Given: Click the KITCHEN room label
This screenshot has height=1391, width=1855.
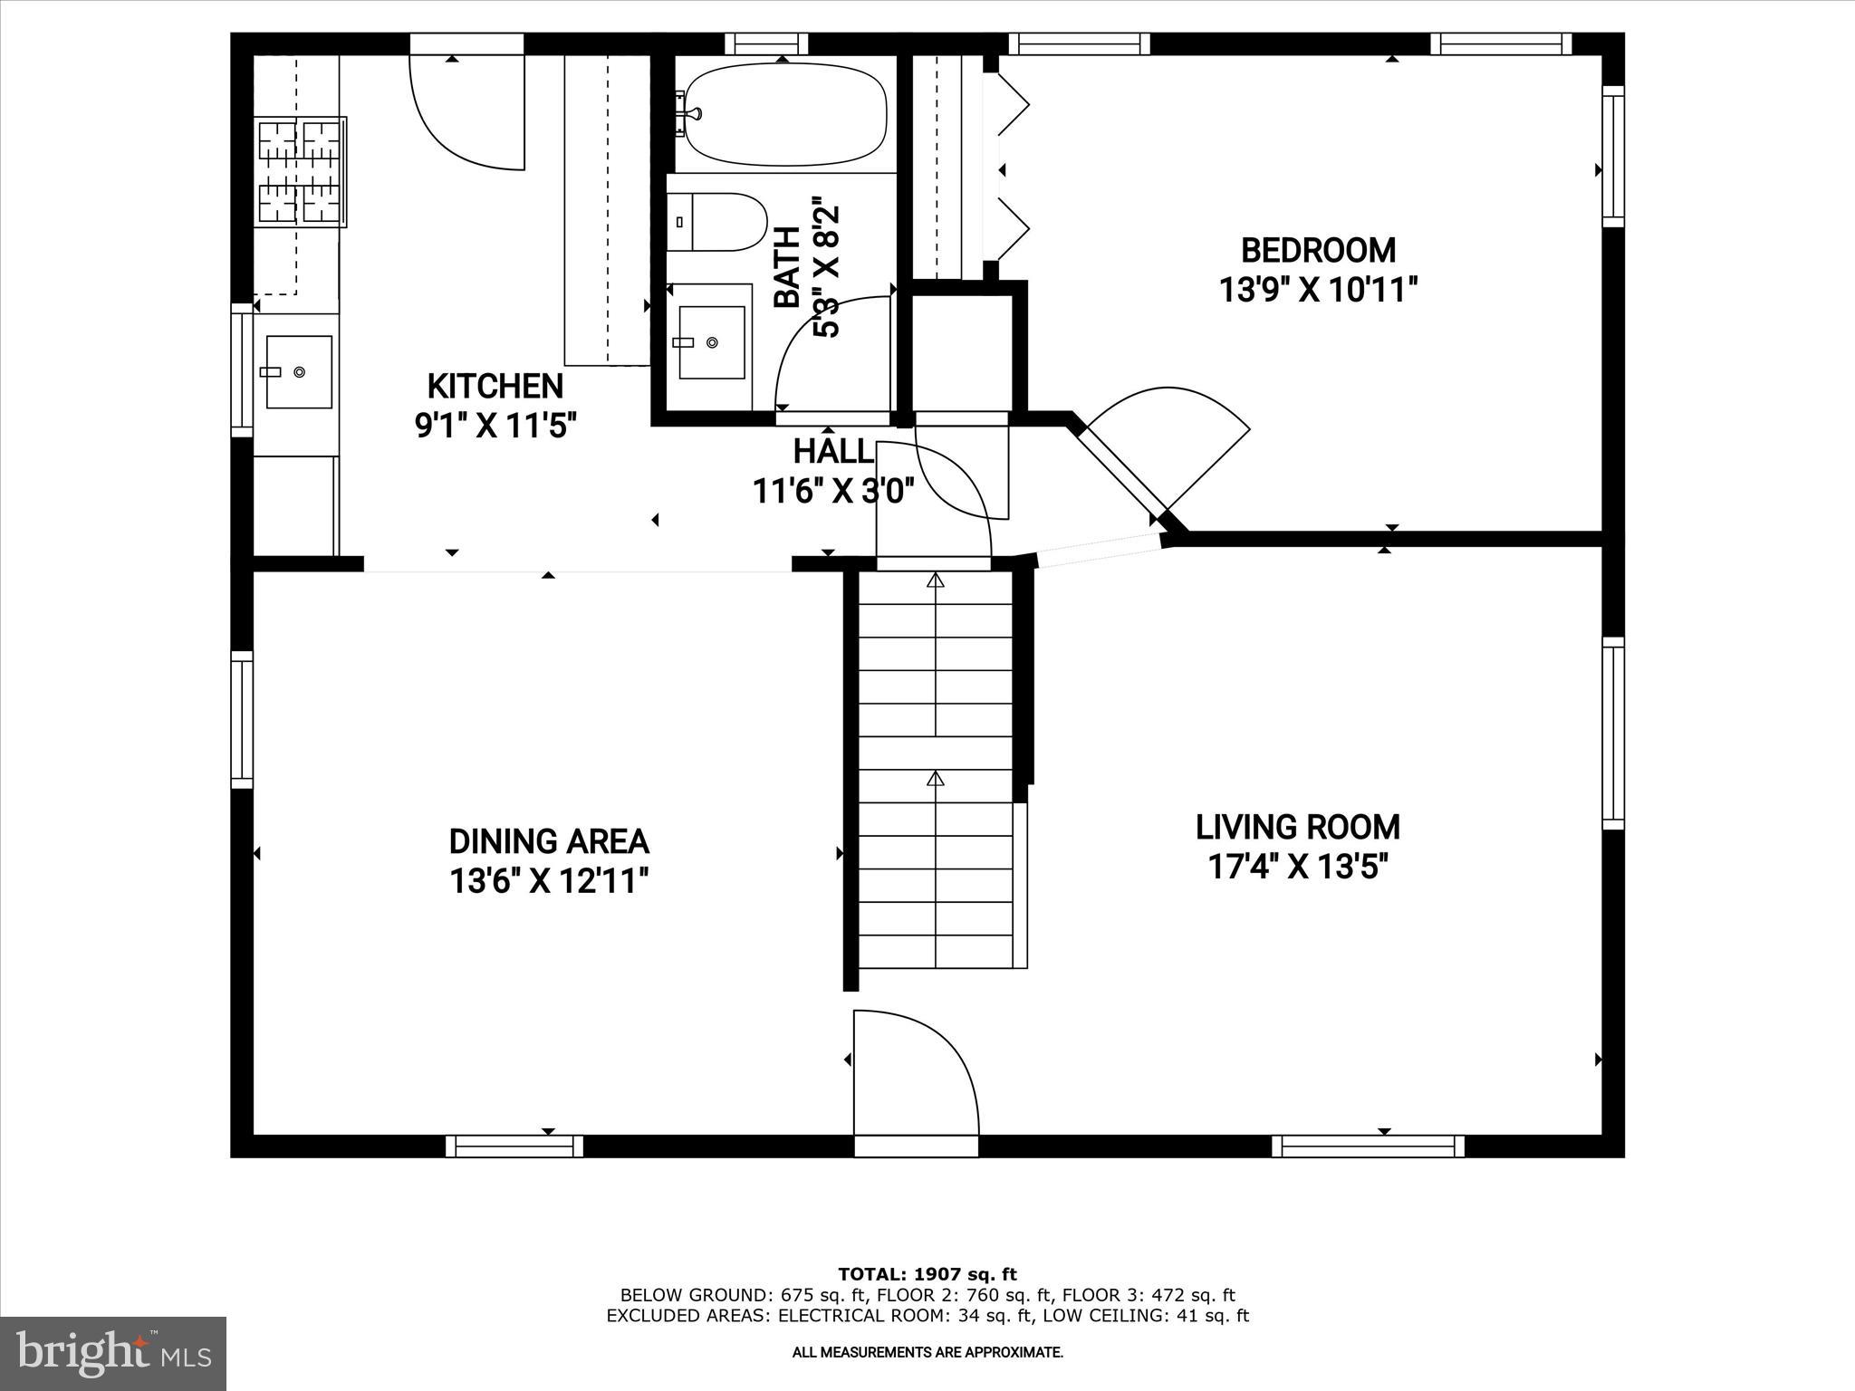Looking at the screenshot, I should click(495, 386).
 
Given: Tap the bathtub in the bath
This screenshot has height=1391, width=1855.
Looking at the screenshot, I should click(784, 114).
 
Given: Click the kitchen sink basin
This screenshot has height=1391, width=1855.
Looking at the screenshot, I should click(299, 371).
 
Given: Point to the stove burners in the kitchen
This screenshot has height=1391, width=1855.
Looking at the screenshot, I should click(301, 171).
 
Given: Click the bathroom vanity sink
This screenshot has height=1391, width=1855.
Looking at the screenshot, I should click(711, 342).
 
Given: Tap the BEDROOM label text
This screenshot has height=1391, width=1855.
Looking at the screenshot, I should click(1317, 250).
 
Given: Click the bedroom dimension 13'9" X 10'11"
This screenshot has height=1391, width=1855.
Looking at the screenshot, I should click(1317, 291).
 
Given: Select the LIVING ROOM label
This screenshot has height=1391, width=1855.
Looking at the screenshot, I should click(1297, 827).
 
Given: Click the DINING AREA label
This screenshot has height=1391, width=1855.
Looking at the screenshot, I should click(549, 841).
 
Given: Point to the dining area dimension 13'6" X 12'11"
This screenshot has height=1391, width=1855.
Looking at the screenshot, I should click(549, 880).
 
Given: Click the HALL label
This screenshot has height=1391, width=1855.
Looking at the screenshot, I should click(832, 451).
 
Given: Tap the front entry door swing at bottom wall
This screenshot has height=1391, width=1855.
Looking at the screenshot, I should click(915, 1078).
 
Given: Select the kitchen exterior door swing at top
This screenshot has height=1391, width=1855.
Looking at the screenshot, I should click(467, 113).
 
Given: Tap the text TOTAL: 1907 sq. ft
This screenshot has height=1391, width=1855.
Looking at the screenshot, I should click(927, 1274).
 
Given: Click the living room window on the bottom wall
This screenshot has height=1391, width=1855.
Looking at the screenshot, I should click(1368, 1146).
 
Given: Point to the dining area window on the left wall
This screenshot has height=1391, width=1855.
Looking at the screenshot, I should click(241, 719).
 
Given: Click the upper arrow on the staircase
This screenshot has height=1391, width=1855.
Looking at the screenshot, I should click(935, 580).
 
